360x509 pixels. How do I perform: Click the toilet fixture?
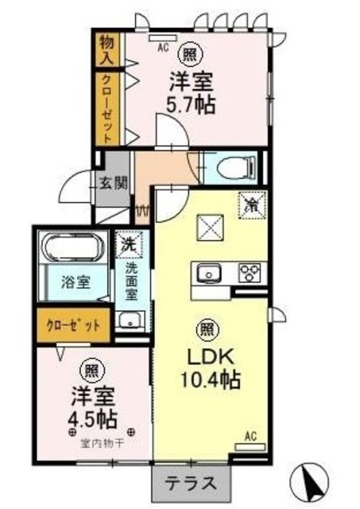pyautogui.click(x=235, y=168)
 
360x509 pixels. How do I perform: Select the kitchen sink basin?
pyautogui.click(x=211, y=273)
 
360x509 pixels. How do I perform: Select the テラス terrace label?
pyautogui.click(x=191, y=482)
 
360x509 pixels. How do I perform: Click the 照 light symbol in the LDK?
pyautogui.click(x=206, y=328)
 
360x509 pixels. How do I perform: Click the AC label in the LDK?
pyautogui.click(x=250, y=436)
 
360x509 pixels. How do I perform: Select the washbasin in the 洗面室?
pyautogui.click(x=129, y=321)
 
